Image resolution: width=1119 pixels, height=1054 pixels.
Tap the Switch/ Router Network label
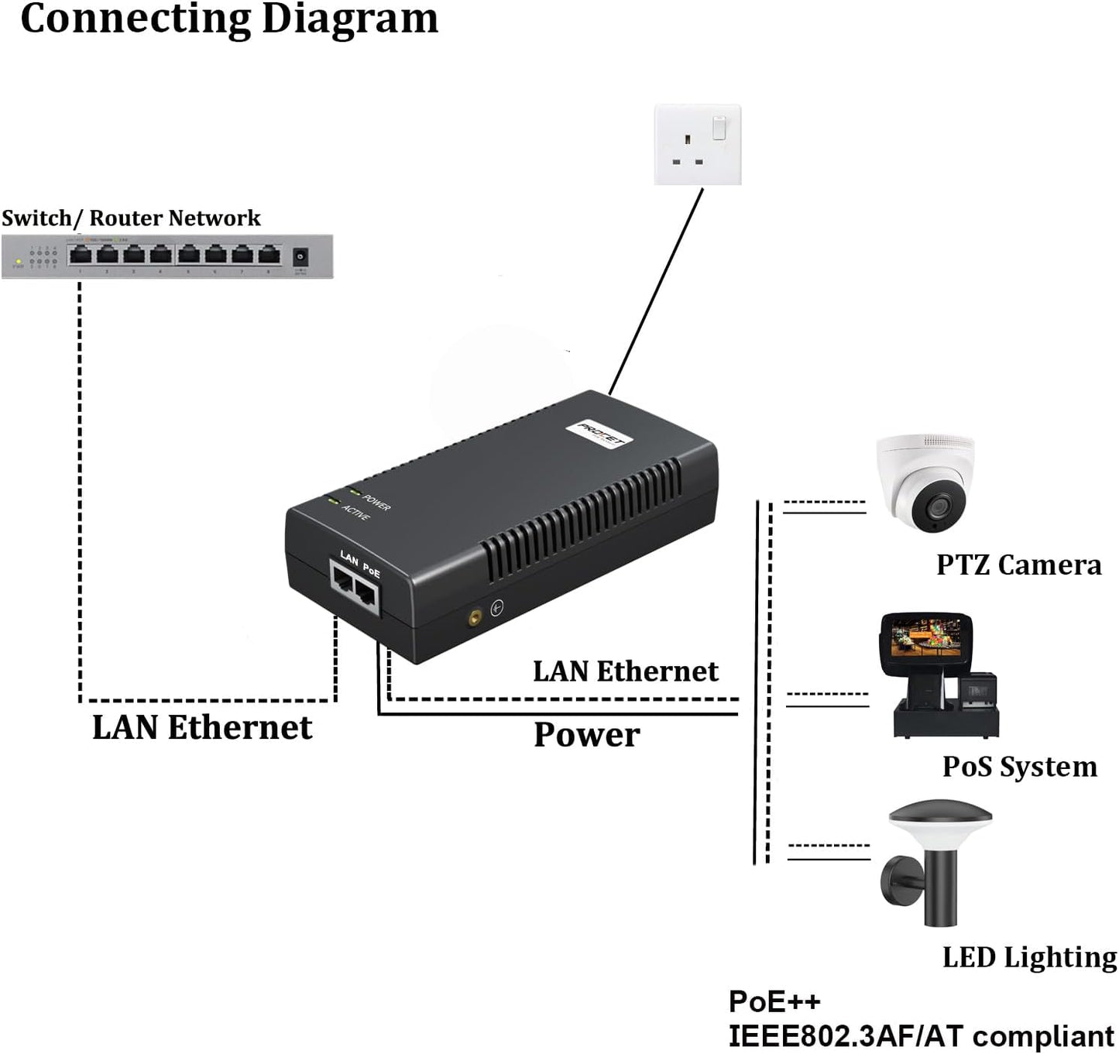click(131, 218)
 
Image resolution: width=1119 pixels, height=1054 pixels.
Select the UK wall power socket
click(697, 146)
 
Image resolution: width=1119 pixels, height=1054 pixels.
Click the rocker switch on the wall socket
click(719, 128)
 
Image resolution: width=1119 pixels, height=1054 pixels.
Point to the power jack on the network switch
click(300, 256)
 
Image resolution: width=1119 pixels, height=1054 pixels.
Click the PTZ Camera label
click(1018, 565)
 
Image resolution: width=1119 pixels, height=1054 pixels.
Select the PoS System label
click(1019, 767)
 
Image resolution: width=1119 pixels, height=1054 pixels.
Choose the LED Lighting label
click(1029, 957)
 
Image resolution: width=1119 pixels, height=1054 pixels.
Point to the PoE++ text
click(774, 1001)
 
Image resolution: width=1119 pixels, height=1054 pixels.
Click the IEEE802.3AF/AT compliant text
click(921, 1036)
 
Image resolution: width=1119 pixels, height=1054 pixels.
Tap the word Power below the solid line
click(586, 735)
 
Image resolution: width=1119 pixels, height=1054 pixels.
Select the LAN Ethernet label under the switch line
click(202, 727)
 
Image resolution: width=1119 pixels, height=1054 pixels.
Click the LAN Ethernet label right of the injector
click(625, 671)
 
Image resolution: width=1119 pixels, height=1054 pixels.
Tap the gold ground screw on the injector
click(473, 617)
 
